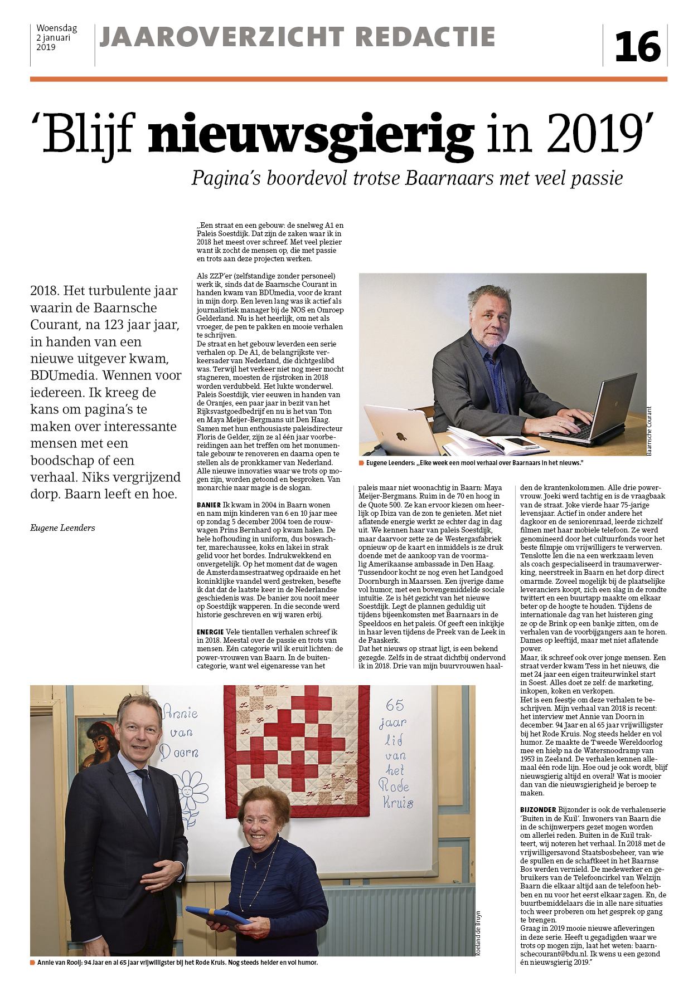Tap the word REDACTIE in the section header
[425, 37]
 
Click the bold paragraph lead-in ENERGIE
[210, 632]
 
